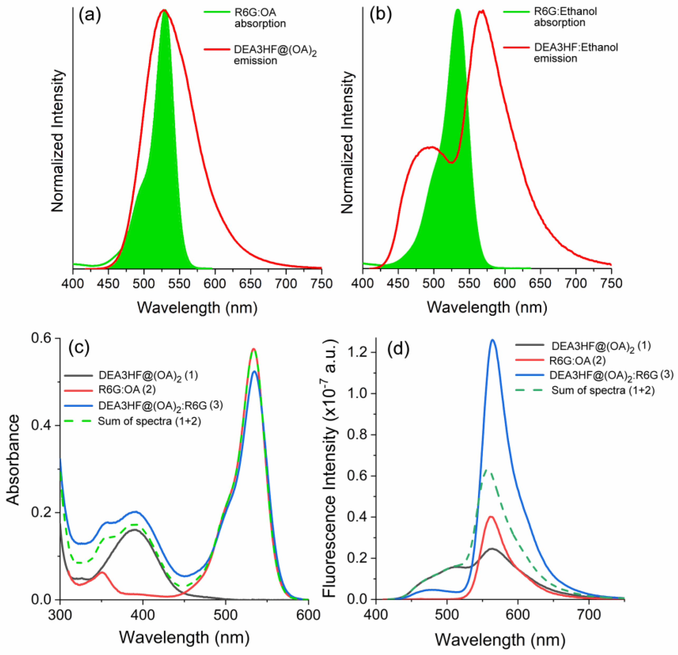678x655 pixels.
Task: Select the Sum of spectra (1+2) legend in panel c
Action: pyautogui.click(x=149, y=421)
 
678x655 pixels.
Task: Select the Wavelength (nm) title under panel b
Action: pyautogui.click(x=487, y=307)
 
